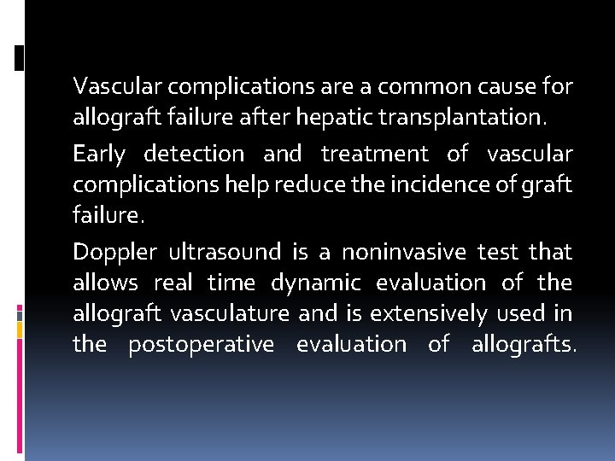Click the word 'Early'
coord(99,155)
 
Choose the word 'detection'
coord(194,155)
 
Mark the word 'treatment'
coord(375,155)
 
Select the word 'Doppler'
coord(115,253)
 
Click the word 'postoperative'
coord(202,344)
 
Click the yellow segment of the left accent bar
coord(19,331)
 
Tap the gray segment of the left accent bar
coord(19,317)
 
